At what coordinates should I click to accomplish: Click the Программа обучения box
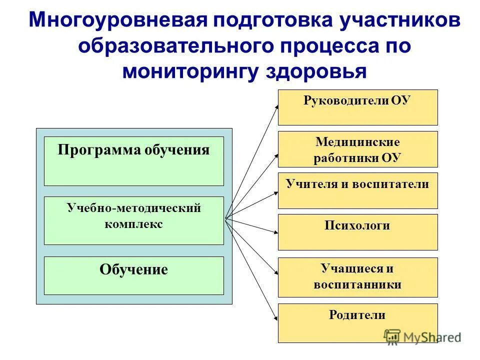coord(133,161)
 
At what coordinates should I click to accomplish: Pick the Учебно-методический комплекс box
coord(133,220)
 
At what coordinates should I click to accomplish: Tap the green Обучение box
coord(133,275)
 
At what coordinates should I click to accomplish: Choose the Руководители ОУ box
coord(357,107)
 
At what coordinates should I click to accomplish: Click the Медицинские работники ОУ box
coord(357,149)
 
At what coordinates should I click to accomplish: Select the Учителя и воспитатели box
coord(357,190)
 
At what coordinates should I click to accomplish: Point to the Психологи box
coord(357,232)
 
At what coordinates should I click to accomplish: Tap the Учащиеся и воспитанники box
coord(357,277)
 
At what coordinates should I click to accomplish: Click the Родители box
coord(357,322)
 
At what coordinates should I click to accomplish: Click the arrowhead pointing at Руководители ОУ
coord(276,106)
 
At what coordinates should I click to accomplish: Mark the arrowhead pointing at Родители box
coord(276,318)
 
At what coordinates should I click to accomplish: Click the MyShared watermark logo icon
coord(392,336)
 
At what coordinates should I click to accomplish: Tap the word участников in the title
coord(392,20)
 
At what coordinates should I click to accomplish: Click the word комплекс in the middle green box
coord(133,224)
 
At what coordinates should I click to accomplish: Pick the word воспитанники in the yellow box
coord(357,284)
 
